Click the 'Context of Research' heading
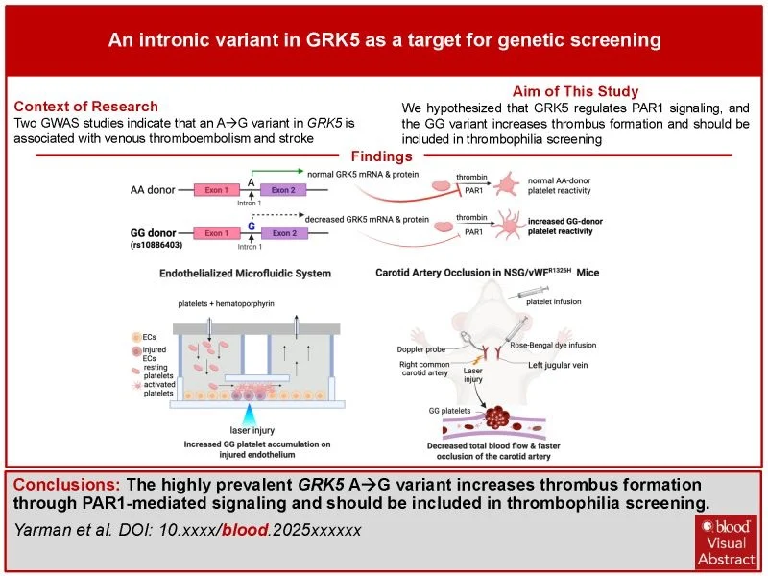pos(86,107)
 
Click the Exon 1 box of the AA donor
pos(218,190)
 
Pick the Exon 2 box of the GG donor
pos(284,233)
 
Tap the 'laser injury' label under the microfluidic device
pos(251,431)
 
